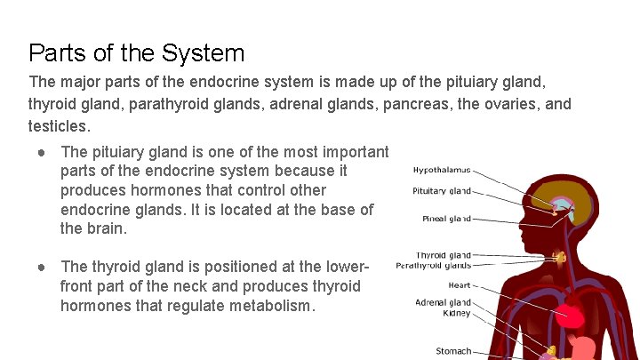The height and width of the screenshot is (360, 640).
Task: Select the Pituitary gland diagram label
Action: point(442,191)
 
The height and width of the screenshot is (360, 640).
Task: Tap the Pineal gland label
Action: point(446,219)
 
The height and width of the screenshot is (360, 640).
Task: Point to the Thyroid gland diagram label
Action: point(444,255)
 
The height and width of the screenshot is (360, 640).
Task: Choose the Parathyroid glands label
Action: point(434,265)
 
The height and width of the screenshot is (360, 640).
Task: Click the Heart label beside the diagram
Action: point(460,285)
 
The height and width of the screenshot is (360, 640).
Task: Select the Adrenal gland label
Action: point(443,302)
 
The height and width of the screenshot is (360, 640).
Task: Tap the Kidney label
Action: point(457,313)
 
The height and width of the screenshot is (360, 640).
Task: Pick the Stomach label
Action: point(453,351)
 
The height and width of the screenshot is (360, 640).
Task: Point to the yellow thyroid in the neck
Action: point(560,258)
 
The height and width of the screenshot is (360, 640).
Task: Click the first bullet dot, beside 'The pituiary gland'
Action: point(41,152)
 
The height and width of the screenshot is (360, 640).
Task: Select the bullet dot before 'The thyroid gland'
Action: point(41,267)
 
